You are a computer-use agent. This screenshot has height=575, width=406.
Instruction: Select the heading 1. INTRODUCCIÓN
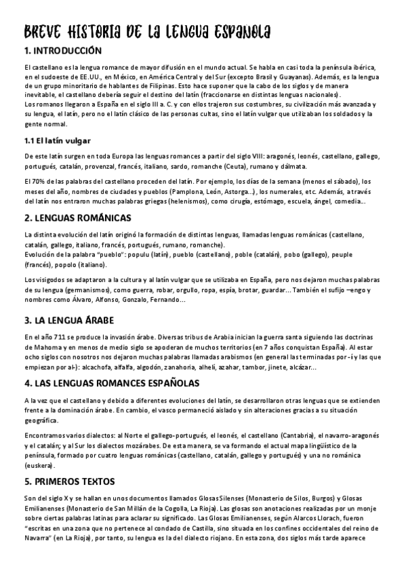[62, 51]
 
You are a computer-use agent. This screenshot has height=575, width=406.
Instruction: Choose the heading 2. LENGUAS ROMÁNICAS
[77, 218]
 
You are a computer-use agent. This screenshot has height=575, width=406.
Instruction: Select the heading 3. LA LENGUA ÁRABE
[68, 319]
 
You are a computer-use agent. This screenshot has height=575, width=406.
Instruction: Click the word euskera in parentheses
[37, 467]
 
